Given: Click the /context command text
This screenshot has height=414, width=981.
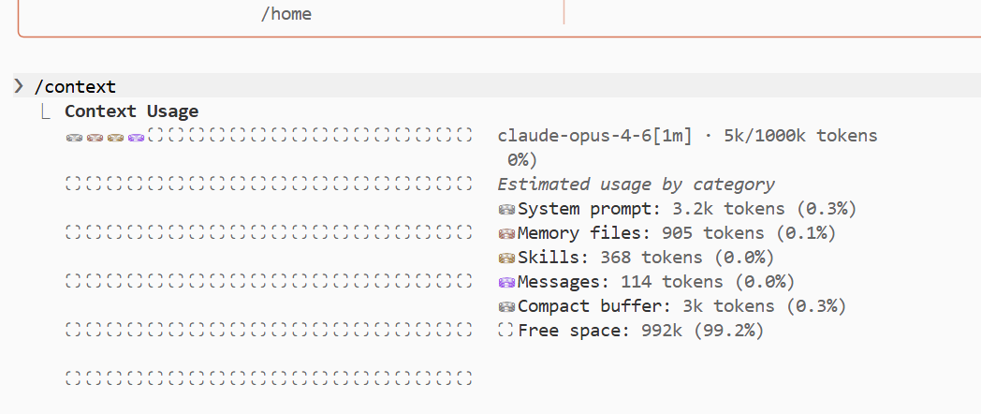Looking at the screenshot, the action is (x=75, y=86).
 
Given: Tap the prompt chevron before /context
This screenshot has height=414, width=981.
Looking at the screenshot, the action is (x=19, y=86).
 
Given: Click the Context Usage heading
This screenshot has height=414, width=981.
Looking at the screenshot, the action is (x=131, y=111).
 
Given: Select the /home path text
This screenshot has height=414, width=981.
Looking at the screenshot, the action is (x=286, y=14).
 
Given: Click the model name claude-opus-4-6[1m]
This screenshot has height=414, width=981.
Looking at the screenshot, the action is (x=595, y=136).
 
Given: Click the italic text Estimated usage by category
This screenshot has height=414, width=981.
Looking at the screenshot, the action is (x=637, y=185).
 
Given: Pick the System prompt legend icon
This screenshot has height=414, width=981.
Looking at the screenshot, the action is (x=505, y=209).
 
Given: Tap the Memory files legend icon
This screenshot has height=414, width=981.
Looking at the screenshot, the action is (x=505, y=233).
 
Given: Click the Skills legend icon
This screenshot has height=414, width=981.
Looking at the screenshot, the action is (x=505, y=258).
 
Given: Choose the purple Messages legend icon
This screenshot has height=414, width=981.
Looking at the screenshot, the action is (x=505, y=283).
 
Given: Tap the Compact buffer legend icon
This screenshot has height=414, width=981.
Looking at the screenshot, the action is (x=505, y=307).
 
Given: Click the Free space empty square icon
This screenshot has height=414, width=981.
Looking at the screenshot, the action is (x=505, y=330).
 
